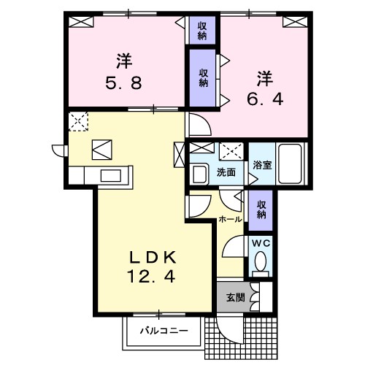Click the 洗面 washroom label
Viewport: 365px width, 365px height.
tap(226, 173)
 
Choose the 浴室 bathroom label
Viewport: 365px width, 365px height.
tap(262, 166)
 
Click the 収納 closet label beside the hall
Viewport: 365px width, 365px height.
tap(261, 209)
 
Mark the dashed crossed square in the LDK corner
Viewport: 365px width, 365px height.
tap(78, 120)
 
